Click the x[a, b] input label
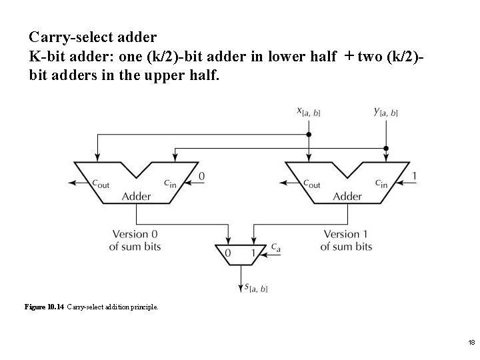click(x=308, y=112)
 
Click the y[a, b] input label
click(x=385, y=112)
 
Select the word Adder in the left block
click(x=136, y=197)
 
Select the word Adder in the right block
click(x=347, y=197)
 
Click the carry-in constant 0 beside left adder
click(x=201, y=175)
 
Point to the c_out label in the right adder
click(x=312, y=183)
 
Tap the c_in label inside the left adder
click(x=169, y=183)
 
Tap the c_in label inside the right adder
click(x=381, y=183)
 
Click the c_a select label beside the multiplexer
click(x=275, y=247)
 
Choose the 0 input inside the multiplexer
click(x=228, y=253)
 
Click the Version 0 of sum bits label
click(x=135, y=241)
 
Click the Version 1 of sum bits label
click(x=347, y=241)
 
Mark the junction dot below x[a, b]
click(x=308, y=135)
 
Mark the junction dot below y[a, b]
click(x=386, y=148)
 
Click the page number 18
click(x=471, y=342)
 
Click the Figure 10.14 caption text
click(x=91, y=307)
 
